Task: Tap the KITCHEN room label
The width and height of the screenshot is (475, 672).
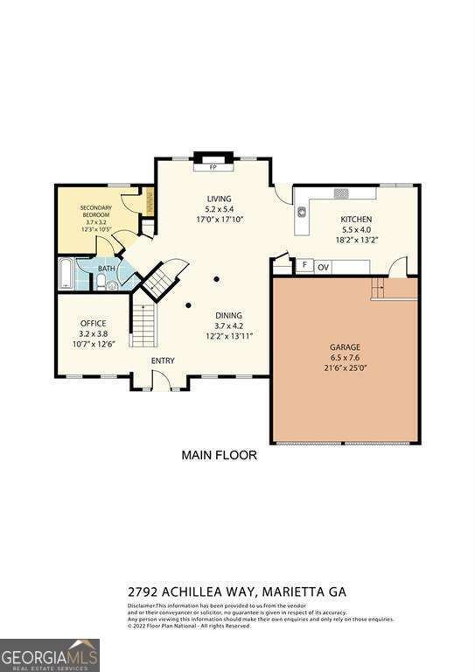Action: [x=357, y=219]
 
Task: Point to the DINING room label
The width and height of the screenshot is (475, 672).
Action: [x=229, y=315]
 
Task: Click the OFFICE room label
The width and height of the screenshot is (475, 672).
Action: [x=93, y=323]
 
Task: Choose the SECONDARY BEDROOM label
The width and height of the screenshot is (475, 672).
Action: [x=97, y=211]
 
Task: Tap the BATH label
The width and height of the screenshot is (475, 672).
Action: [x=107, y=269]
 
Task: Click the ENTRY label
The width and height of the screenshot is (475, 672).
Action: [x=163, y=360]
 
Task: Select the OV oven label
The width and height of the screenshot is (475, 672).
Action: [x=324, y=267]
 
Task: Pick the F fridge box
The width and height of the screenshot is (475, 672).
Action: [x=304, y=264]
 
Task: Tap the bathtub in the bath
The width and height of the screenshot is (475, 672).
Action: [x=66, y=273]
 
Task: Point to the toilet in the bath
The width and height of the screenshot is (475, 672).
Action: [x=101, y=282]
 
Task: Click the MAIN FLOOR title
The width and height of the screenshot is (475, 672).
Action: [x=219, y=455]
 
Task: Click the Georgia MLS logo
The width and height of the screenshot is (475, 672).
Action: [x=50, y=654]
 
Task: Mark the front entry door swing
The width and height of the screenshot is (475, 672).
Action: [x=160, y=379]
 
